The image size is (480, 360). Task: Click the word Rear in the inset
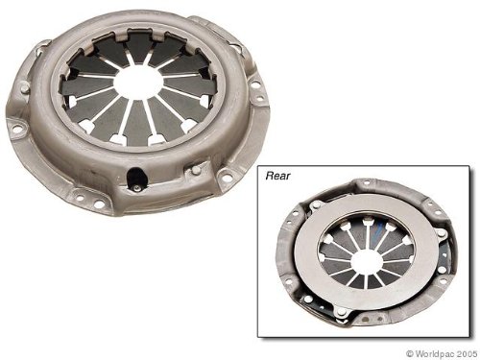coord(278,176)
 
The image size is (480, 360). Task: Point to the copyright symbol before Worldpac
coord(410,353)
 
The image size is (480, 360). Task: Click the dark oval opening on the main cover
coord(134,178)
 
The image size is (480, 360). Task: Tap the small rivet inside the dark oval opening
coord(136,188)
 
